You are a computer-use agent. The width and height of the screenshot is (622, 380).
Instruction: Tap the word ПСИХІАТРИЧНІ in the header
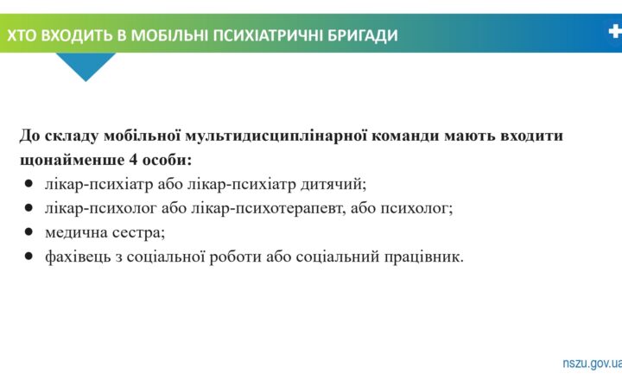265,35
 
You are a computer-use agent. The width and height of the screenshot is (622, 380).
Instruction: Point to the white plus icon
614,32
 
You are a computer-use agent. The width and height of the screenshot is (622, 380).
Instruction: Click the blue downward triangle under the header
86,66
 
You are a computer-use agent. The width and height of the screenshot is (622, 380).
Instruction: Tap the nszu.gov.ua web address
592,364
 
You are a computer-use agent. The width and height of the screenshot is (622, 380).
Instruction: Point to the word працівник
423,256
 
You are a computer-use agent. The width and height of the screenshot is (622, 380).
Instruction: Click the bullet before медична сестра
29,231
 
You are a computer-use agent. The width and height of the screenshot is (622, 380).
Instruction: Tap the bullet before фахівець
29,256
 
